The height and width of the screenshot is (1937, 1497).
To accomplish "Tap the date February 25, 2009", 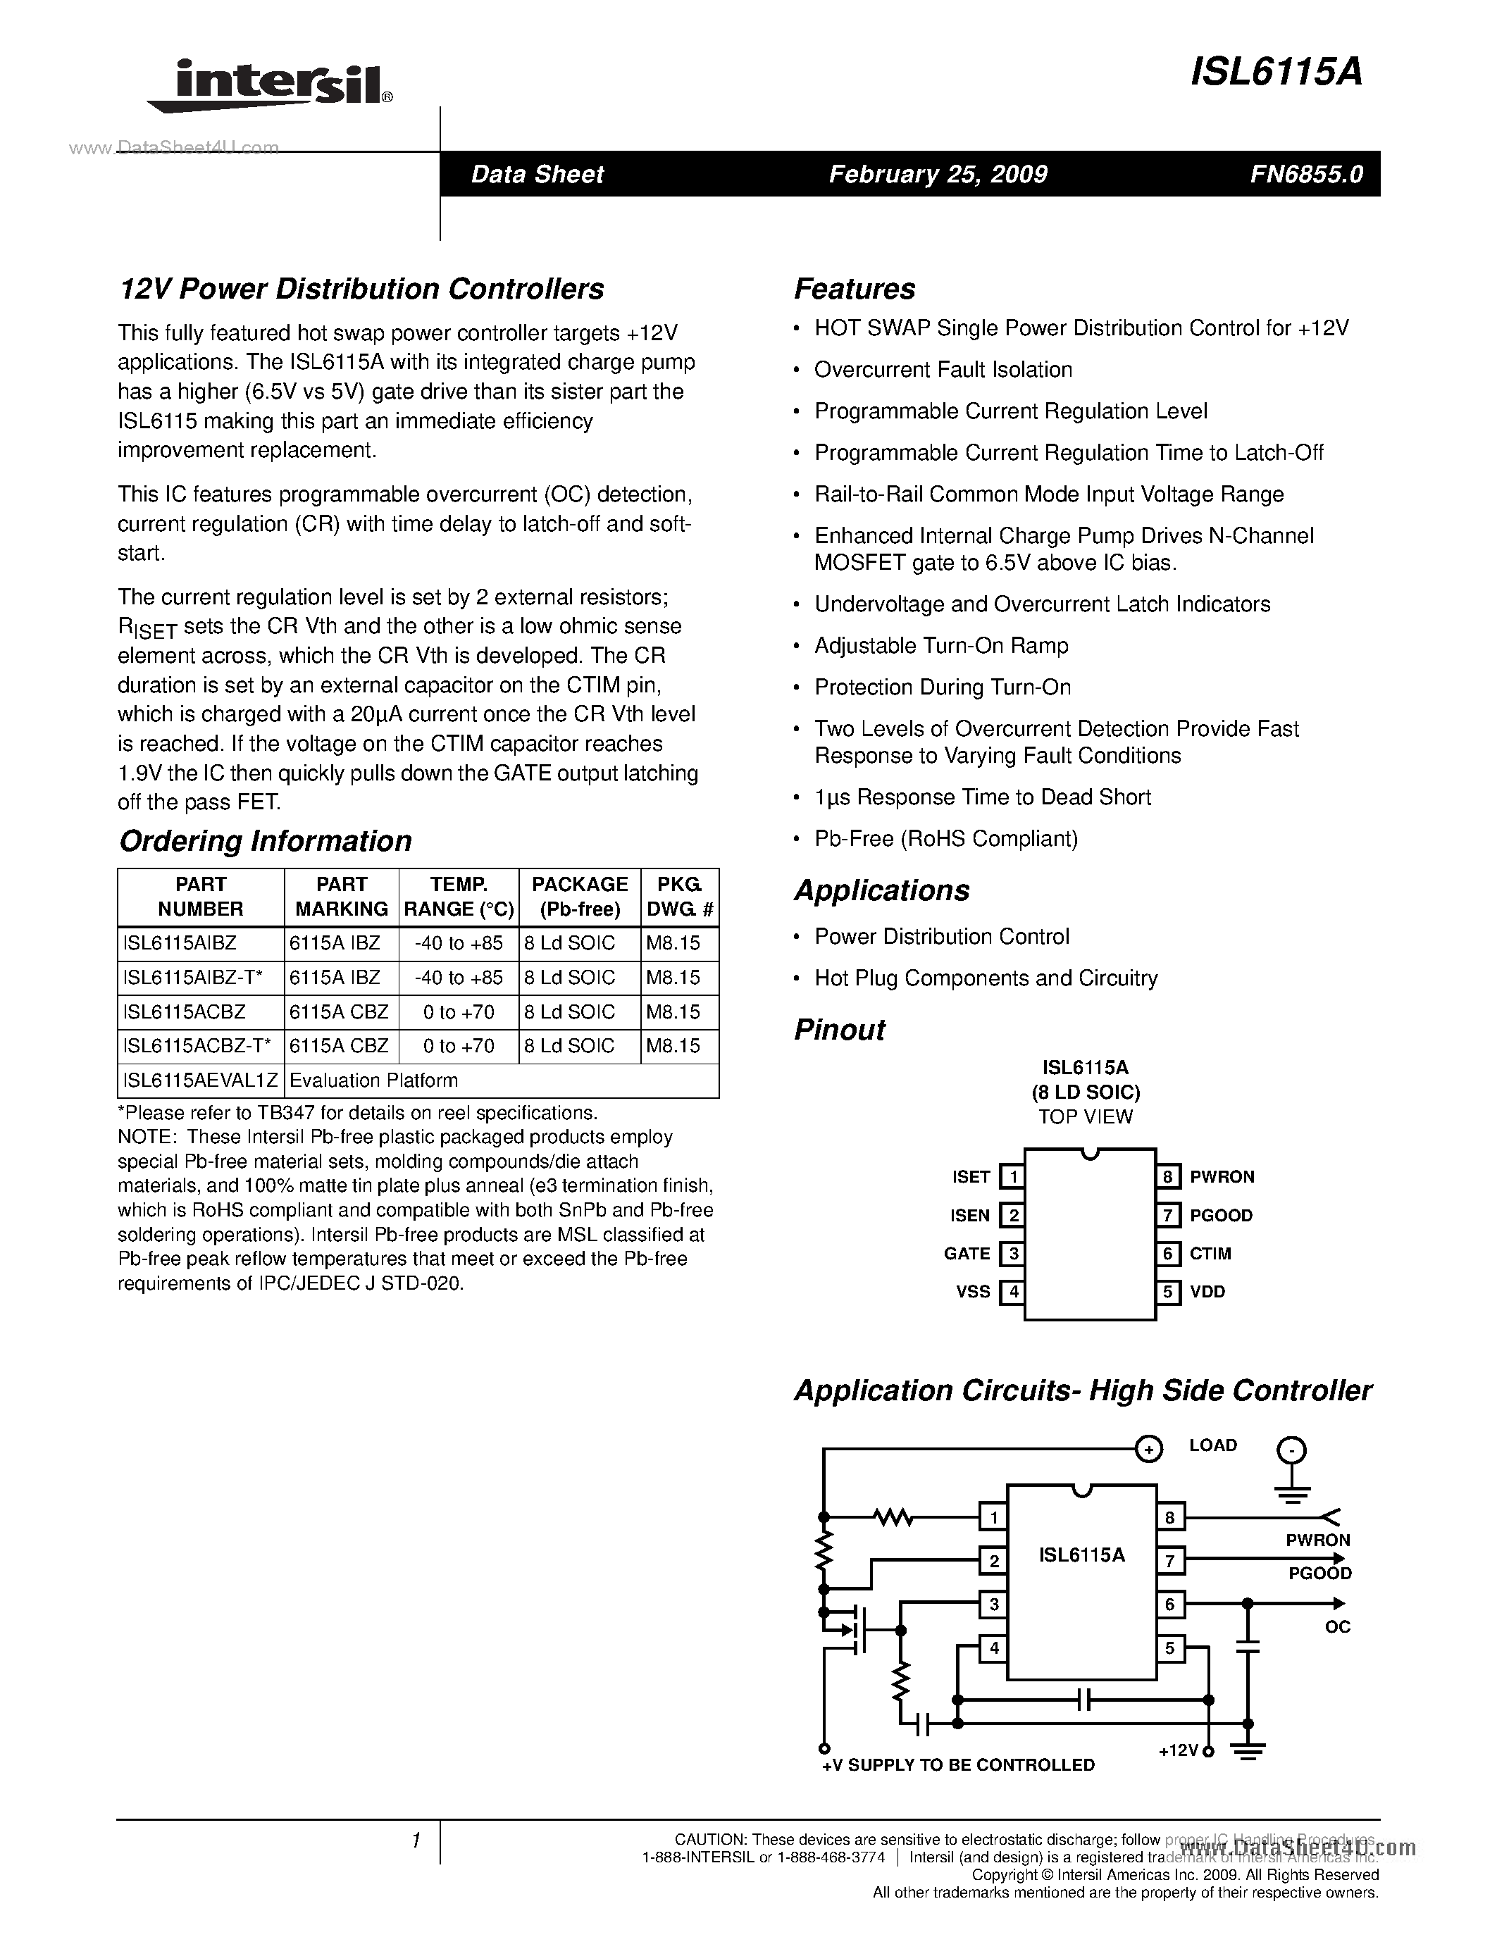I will pos(938,175).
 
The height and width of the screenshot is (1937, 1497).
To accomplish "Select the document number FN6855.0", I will pos(1305,175).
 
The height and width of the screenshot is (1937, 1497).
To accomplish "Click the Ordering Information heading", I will pos(265,841).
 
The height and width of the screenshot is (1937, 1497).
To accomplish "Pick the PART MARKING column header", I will pos(342,897).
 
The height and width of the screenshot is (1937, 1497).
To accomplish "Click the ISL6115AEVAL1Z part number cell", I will pos(201,1080).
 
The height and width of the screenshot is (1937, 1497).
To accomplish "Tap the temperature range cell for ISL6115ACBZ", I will pos(459,1012).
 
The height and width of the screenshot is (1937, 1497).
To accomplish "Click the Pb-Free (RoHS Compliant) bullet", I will pos(945,839).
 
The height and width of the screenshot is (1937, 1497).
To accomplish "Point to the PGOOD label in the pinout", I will pos(1220,1215).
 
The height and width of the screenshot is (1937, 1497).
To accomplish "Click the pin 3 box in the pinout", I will pos(1012,1253).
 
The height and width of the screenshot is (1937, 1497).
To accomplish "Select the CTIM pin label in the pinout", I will pos(1210,1253).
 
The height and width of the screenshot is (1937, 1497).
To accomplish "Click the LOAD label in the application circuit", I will pos(1212,1445).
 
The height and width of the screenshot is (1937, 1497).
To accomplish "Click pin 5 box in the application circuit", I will pos(1169,1648).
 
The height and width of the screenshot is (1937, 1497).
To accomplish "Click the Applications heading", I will pos(881,890).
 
